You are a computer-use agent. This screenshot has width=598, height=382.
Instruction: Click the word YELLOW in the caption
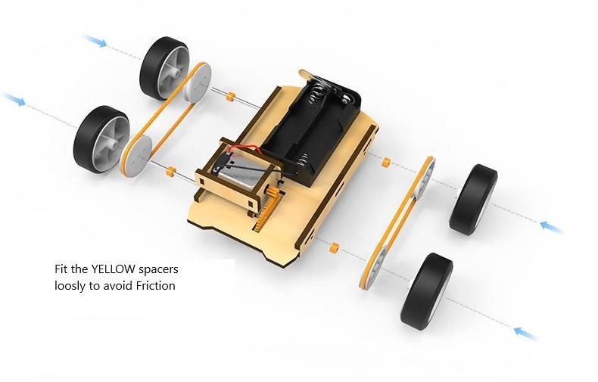[x=113, y=269]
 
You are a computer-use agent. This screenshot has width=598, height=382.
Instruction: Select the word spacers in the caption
[x=158, y=270]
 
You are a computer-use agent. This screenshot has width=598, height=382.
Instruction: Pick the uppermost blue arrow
[x=95, y=40]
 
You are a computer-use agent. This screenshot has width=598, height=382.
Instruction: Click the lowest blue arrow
[x=526, y=333]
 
